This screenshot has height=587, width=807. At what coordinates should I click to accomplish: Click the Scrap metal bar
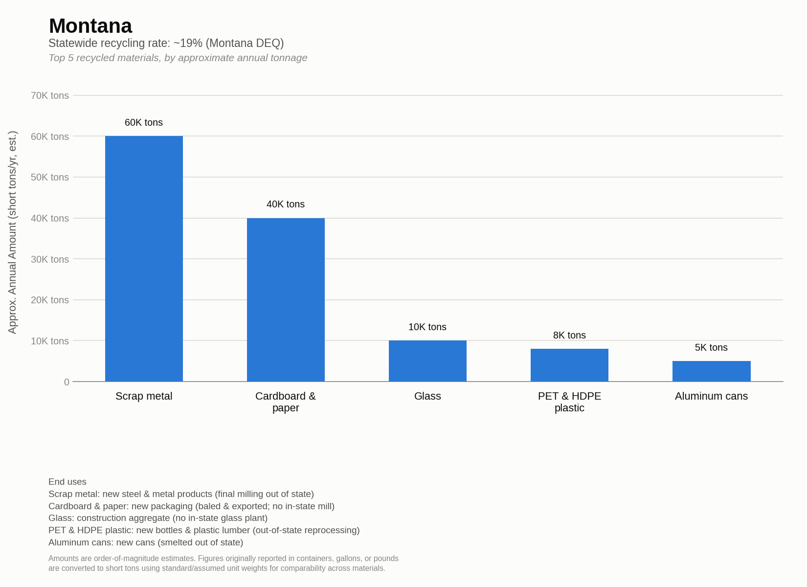coord(144,258)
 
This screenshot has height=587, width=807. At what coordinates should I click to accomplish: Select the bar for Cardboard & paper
coord(286,299)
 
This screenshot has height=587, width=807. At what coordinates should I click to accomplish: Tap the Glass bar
coord(427,361)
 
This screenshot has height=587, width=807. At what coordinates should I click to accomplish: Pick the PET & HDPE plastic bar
coord(569,365)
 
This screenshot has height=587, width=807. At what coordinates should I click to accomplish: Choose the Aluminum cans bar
coord(712,371)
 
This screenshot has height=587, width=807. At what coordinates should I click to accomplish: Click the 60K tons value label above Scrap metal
coord(144,122)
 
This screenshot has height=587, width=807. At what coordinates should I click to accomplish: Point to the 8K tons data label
coord(569,335)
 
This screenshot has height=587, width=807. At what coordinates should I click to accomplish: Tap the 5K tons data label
coord(711,347)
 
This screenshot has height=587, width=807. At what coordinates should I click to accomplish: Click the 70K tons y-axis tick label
coord(50,95)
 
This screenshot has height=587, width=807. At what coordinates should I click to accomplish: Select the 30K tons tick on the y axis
coord(50,259)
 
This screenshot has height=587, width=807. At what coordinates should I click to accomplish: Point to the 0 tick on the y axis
coord(67,382)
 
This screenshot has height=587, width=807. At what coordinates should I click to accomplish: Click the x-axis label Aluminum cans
coord(711,396)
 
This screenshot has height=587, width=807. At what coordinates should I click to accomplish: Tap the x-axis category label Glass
coord(427,396)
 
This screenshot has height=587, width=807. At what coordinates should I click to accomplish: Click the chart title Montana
coord(90,26)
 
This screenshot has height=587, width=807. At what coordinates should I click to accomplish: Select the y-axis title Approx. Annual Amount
coord(12,232)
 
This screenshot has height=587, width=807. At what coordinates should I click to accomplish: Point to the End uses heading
coord(67,482)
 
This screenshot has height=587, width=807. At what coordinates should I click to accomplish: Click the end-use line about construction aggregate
coord(158,518)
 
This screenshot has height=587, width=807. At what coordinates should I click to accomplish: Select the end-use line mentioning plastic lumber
coord(204,530)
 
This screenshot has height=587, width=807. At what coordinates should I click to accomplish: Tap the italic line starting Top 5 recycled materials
coord(178,58)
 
